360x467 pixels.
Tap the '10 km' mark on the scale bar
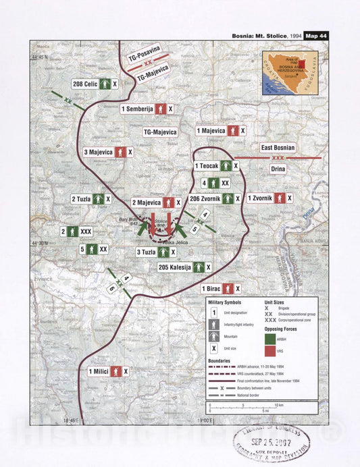[x=279, y=404]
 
